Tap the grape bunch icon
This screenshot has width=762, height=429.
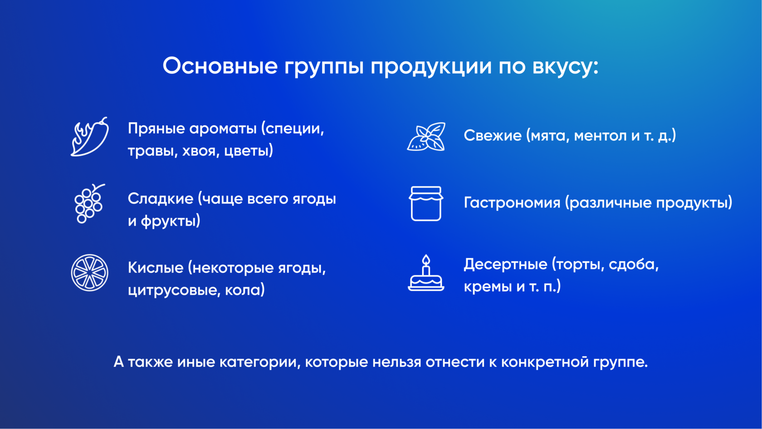(x=88, y=203)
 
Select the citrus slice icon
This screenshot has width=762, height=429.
(x=89, y=273)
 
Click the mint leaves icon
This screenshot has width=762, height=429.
(x=426, y=137)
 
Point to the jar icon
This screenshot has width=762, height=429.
(x=426, y=203)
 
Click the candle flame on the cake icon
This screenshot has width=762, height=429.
(x=426, y=260)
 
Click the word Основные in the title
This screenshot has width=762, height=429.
(x=220, y=66)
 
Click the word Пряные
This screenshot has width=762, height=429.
(x=156, y=129)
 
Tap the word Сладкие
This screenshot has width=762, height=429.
(x=161, y=199)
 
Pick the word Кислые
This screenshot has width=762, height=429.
(x=156, y=268)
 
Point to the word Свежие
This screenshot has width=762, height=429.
(x=493, y=136)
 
